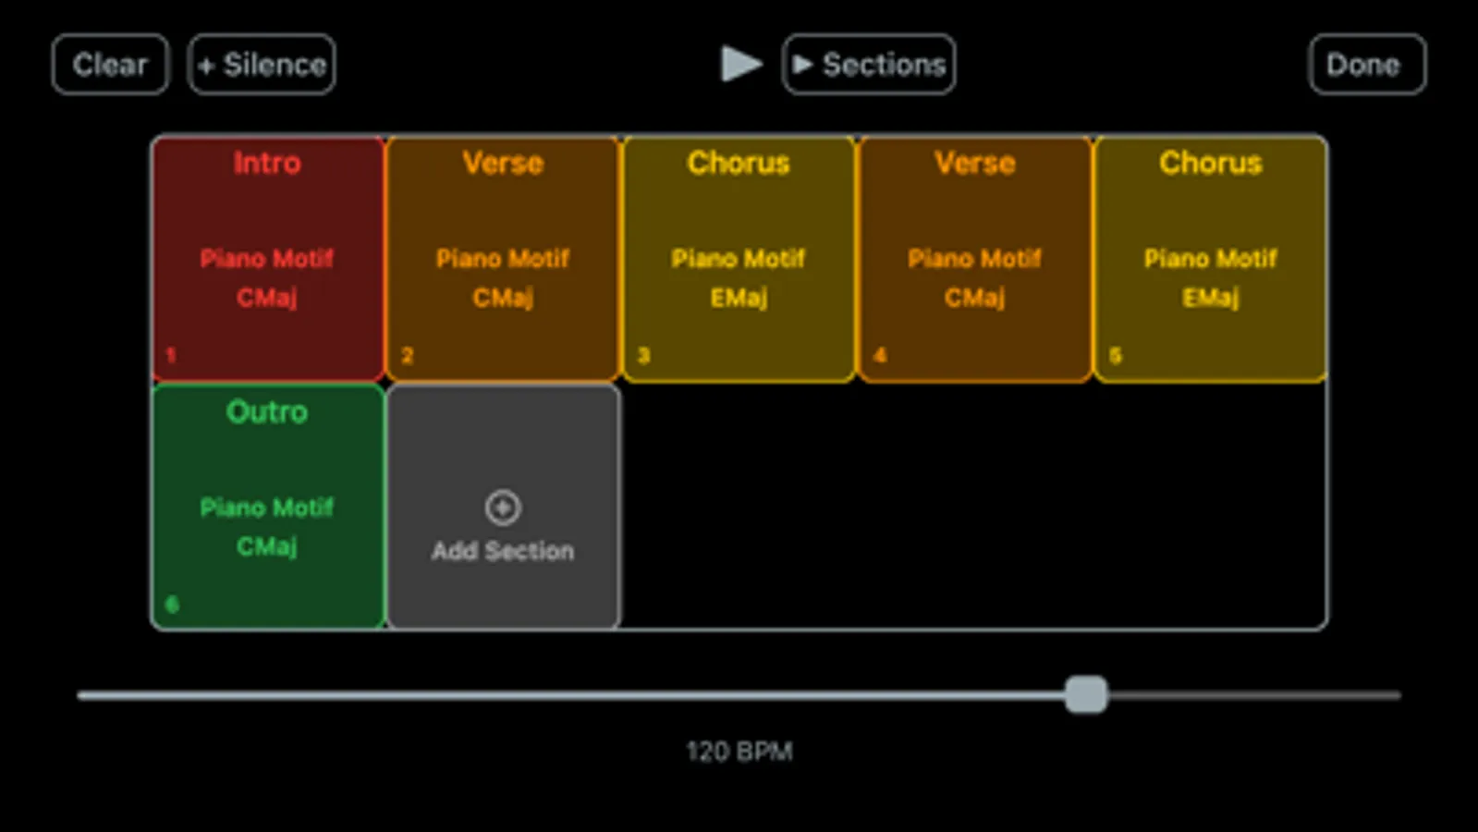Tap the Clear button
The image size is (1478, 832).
pos(110,65)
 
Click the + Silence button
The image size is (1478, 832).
pos(262,65)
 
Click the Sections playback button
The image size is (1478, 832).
pos(869,65)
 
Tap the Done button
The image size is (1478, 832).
pos(1366,65)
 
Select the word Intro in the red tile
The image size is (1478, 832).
pos(267,164)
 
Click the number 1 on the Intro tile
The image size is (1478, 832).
pos(171,356)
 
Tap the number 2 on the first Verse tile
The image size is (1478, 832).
pos(408,356)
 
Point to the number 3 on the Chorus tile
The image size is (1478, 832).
pos(644,356)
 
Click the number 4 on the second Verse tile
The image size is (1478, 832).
pos(880,356)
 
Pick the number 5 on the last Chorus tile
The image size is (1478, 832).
pos(1116,356)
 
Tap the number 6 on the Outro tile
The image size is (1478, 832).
pos(172,605)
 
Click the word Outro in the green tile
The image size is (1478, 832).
pos(267,412)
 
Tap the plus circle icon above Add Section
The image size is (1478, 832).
pos(503,508)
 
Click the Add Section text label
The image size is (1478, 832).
pos(503,551)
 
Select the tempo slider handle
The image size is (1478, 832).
pos(1086,694)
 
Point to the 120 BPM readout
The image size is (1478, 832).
pos(739,752)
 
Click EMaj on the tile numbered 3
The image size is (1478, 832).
pos(739,298)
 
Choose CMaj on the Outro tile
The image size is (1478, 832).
pos(267,546)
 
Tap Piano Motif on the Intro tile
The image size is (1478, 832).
pos(267,259)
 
